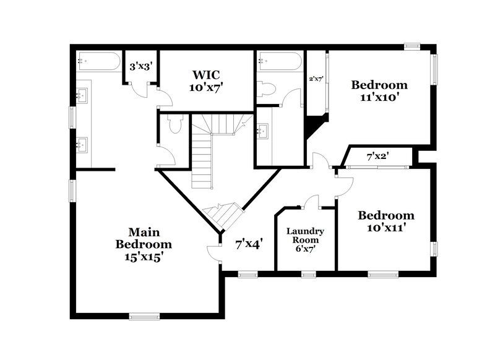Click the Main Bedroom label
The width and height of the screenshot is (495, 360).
tap(144, 244)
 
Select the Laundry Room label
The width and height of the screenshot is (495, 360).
tap(306, 239)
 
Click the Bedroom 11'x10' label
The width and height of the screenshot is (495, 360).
tap(379, 90)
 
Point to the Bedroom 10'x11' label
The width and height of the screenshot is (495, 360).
tap(386, 221)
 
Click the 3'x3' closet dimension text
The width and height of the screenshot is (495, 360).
tap(140, 66)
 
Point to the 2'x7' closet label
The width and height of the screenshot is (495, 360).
tap(316, 79)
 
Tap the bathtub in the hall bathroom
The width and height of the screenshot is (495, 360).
tap(280, 62)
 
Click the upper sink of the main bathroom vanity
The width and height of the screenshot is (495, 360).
tap(82, 96)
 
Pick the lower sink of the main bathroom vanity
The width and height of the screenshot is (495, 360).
tap(82, 145)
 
